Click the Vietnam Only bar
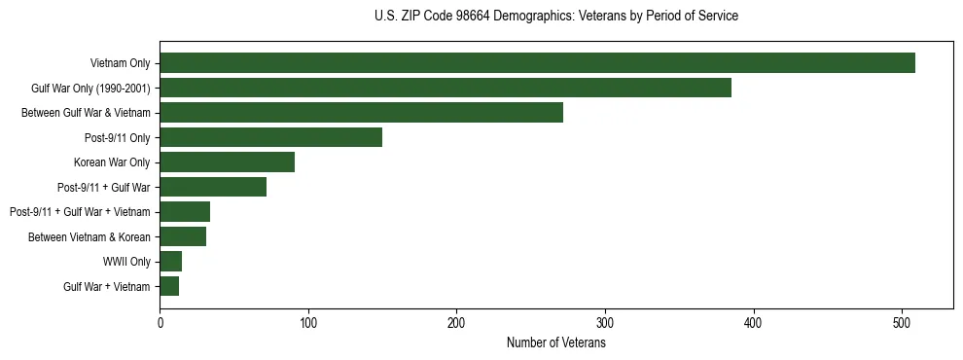pyautogui.click(x=537, y=63)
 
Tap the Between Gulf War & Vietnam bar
pyautogui.click(x=361, y=113)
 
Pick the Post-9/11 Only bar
pyautogui.click(x=270, y=137)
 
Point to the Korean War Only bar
pyautogui.click(x=227, y=162)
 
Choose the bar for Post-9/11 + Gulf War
pyautogui.click(x=213, y=187)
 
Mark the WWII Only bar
pyautogui.click(x=170, y=261)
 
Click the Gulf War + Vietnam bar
pyautogui.click(x=169, y=286)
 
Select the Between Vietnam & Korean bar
pyautogui.click(x=183, y=236)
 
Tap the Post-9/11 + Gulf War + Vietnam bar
pyautogui.click(x=185, y=212)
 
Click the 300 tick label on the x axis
pyautogui.click(x=605, y=322)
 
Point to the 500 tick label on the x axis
pyautogui.click(x=902, y=322)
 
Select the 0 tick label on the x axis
pyautogui.click(x=160, y=322)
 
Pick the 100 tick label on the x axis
pyautogui.click(x=307, y=322)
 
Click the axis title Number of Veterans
pyautogui.click(x=555, y=342)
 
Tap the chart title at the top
pyautogui.click(x=555, y=16)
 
